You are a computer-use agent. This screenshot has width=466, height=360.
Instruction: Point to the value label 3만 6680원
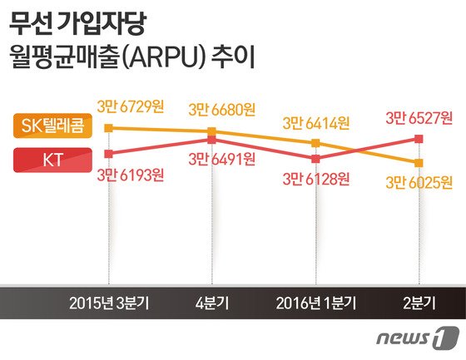click(221, 109)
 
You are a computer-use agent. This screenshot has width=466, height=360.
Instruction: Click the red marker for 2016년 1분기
click(315, 158)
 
